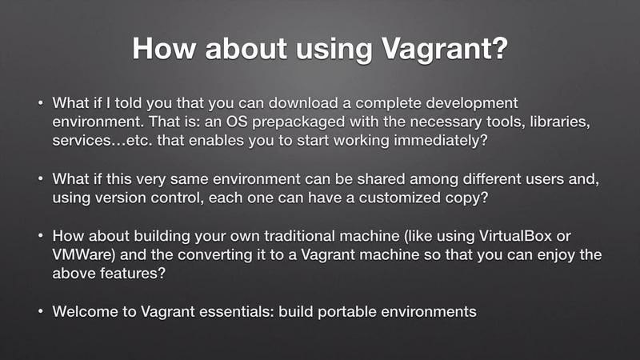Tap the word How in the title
[x=164, y=49]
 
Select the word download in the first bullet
[x=303, y=103]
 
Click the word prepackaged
[x=298, y=122]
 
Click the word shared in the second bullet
[x=382, y=178]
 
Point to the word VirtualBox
[x=515, y=236]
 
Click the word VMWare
[x=84, y=254]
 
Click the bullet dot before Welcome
[x=41, y=311]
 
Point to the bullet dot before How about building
[x=41, y=235]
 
